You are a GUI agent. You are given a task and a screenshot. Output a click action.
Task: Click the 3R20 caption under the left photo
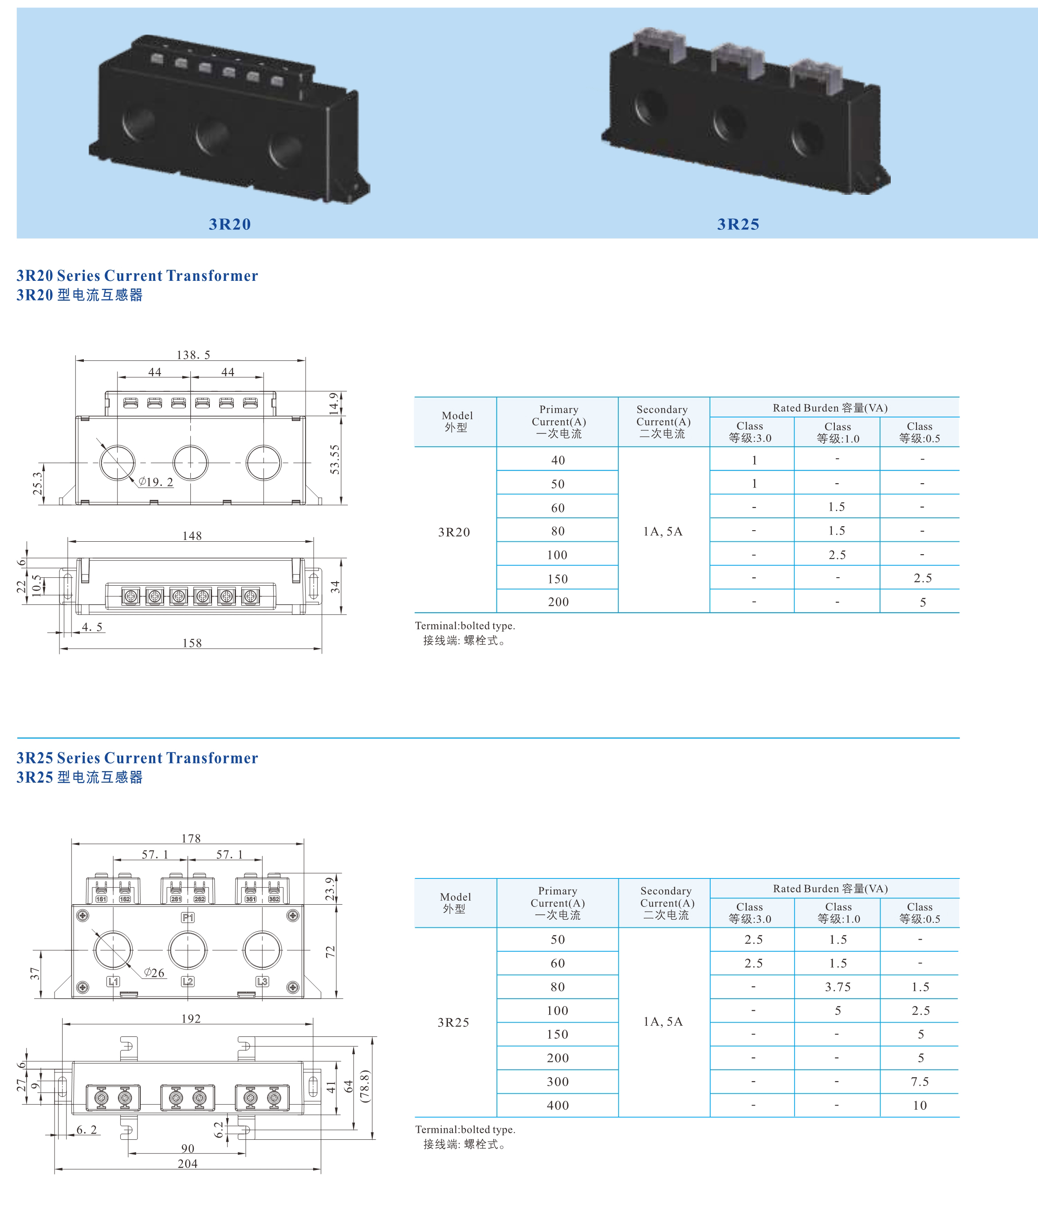click(x=229, y=224)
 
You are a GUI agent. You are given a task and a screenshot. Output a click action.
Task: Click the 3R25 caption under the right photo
click(x=738, y=224)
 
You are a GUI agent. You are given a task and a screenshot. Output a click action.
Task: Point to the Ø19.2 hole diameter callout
click(x=156, y=482)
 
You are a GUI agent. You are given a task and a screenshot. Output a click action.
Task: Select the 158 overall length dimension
click(x=192, y=642)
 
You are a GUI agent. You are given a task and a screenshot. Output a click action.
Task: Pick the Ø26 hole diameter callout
click(x=154, y=973)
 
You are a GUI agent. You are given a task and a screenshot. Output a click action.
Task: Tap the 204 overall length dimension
click(x=188, y=1163)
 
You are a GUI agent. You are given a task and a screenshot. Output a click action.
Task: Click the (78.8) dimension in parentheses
click(x=365, y=1086)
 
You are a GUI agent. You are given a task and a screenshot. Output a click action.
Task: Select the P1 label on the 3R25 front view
click(x=188, y=918)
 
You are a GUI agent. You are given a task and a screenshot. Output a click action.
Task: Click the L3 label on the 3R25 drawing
click(x=262, y=981)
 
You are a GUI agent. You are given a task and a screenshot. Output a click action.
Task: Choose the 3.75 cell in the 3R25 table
click(x=837, y=987)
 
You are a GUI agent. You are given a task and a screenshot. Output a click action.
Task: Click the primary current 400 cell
click(x=557, y=1105)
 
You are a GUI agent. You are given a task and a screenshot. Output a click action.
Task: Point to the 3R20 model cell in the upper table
click(x=454, y=532)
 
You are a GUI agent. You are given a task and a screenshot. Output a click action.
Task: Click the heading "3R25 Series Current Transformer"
click(x=137, y=758)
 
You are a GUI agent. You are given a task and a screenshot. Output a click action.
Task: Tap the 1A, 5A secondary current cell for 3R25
click(x=663, y=1021)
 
